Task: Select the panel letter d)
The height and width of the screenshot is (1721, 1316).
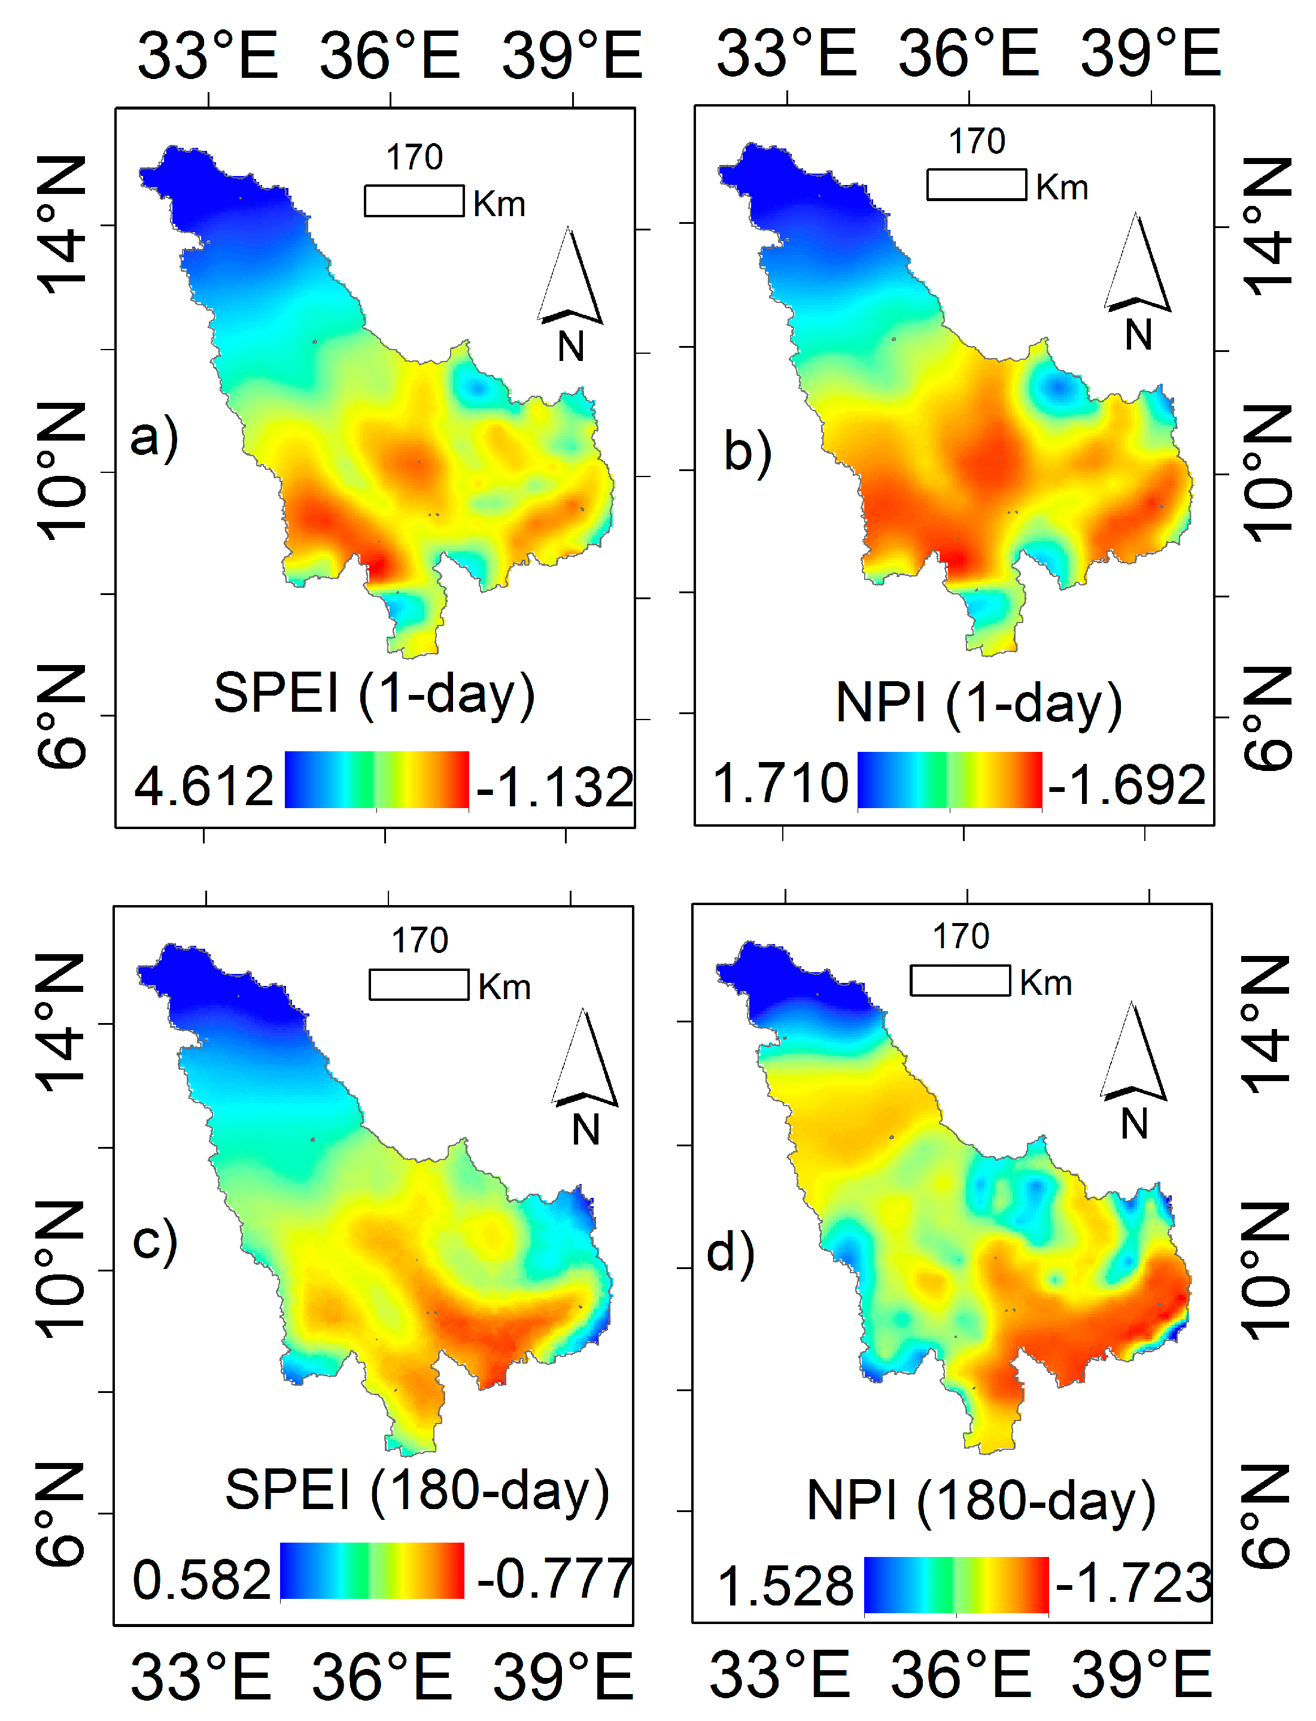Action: click(x=730, y=1252)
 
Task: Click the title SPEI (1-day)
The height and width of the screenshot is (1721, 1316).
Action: click(x=375, y=693)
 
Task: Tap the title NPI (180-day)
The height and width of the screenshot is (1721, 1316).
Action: click(x=981, y=1501)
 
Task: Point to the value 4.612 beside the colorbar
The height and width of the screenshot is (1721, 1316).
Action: click(x=203, y=786)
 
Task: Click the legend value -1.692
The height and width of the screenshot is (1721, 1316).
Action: click(x=1126, y=784)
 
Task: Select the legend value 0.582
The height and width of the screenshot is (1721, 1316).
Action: click(x=201, y=1579)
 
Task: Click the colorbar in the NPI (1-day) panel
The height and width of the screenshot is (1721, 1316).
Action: click(x=949, y=779)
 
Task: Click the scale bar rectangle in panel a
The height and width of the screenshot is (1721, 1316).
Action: click(x=414, y=201)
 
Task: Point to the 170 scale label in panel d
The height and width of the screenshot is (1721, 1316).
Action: click(x=961, y=936)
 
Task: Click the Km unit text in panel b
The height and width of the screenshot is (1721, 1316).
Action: click(x=1062, y=187)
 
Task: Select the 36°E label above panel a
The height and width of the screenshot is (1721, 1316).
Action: click(x=390, y=55)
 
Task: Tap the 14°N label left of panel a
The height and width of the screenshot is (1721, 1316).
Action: click(x=61, y=225)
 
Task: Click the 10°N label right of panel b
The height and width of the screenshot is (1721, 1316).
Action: click(x=1267, y=474)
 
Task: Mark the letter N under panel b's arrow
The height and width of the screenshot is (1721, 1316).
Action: click(x=1138, y=335)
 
